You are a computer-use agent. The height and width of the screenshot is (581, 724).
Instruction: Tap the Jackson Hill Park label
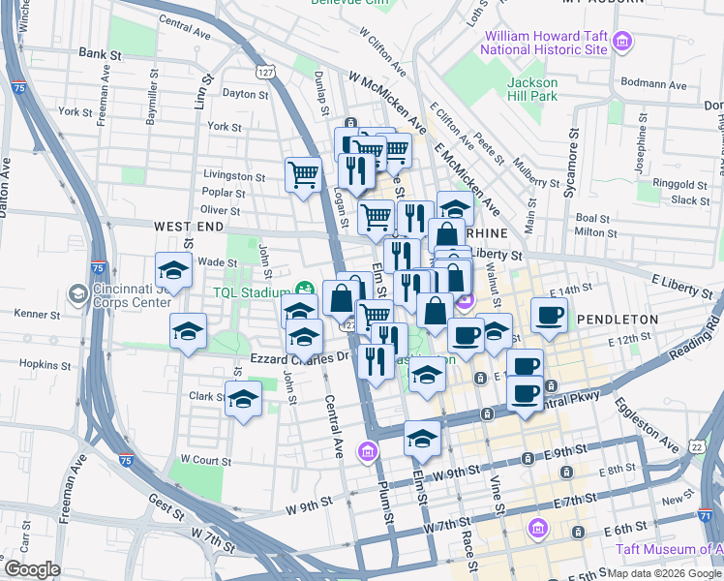pos(532,89)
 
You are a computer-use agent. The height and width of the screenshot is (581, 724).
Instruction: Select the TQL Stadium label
pos(254,291)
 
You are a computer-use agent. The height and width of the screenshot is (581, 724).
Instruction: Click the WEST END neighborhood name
pos(189,226)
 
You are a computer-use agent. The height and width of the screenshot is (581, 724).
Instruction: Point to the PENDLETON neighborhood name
pos(618,319)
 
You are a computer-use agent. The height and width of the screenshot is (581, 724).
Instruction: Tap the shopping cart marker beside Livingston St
pos(303,175)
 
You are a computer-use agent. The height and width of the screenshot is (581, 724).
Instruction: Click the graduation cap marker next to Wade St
pos(173,270)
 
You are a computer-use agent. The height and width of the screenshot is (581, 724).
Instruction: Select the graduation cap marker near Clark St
pos(243,398)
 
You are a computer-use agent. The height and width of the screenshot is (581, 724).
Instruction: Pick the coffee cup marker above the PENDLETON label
pos(549,315)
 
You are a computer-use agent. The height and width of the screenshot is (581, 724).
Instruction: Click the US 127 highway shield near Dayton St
pos(264,72)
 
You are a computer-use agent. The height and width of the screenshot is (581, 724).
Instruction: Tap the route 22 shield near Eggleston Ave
pos(697,445)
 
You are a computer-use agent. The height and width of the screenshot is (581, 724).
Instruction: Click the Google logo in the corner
pos(32,569)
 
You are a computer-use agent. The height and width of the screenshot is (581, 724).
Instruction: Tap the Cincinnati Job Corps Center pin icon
pos(76,291)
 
